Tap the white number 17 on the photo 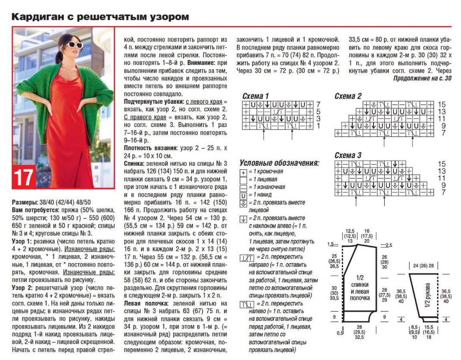coord(24,177)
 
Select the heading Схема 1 coord(255,96)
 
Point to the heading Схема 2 coord(348,96)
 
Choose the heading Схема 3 coord(348,155)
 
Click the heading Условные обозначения coord(279,163)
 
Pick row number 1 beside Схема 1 coord(318,126)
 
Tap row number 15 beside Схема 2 coord(441,104)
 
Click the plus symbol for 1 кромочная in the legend coord(244,172)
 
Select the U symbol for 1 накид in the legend coord(244,195)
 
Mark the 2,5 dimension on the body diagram coord(388,245)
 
